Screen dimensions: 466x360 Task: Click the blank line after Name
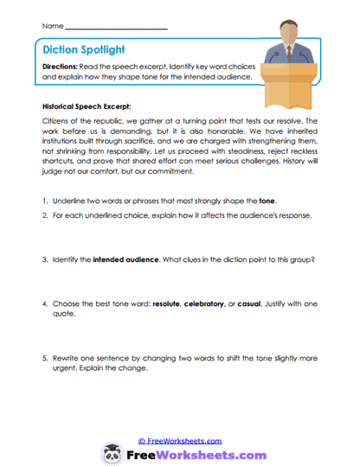coord(116,29)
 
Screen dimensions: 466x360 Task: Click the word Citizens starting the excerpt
coord(57,123)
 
